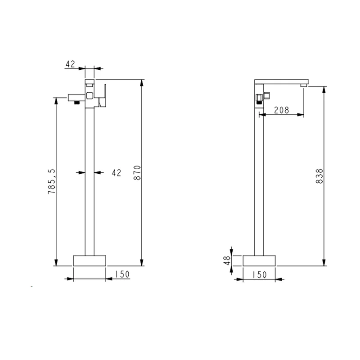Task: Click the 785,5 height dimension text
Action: coord(52,181)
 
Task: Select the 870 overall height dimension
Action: coord(137,173)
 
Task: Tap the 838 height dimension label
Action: coord(319,176)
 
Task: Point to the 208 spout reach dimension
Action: coord(282,110)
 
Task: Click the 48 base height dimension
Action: coord(227,261)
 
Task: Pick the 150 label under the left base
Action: coord(122,274)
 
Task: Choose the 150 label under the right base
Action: coord(260,274)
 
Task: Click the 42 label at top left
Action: coord(70,64)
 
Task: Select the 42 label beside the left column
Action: coord(117,173)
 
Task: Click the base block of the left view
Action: coord(90,261)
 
